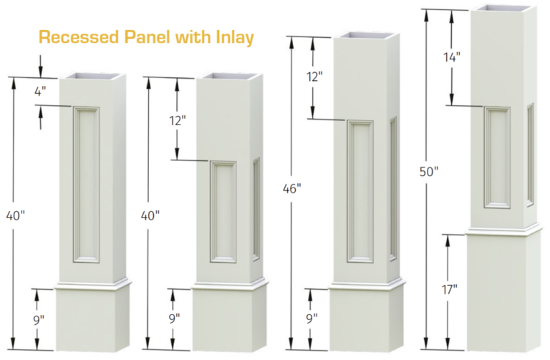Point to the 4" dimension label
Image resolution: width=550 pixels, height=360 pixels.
click(x=40, y=92)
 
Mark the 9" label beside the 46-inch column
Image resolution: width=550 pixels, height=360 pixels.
click(x=311, y=318)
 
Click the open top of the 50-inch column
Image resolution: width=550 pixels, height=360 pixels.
click(x=504, y=9)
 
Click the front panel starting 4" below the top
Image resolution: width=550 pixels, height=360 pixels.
click(x=86, y=183)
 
